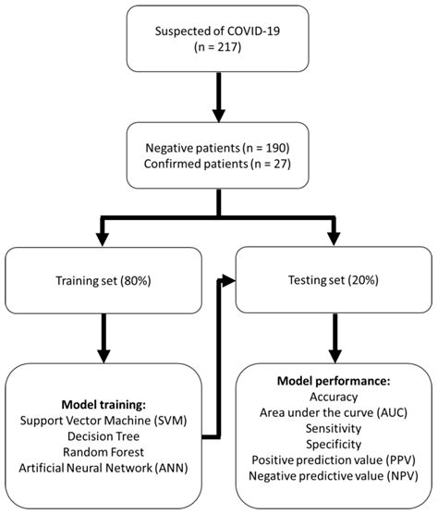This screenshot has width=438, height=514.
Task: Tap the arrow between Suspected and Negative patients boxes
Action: [x=218, y=102]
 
